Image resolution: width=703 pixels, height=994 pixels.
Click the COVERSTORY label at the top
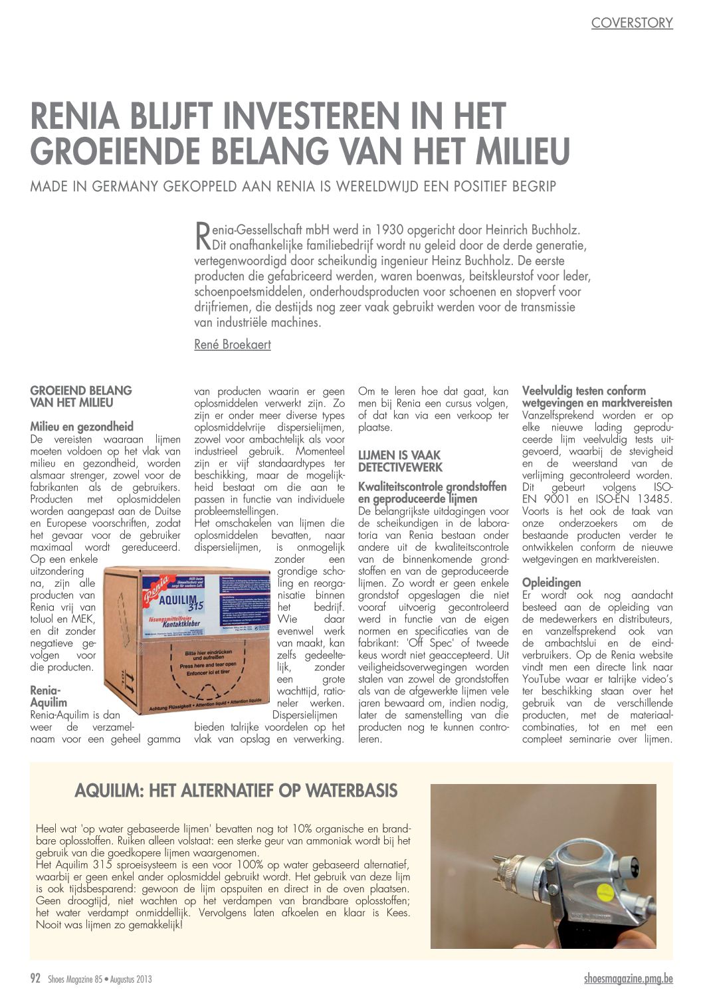(x=631, y=23)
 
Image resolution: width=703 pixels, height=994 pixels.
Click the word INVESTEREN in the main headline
(x=301, y=116)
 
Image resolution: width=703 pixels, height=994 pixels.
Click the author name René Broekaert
(x=233, y=344)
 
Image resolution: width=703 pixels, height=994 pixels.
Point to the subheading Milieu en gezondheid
(x=82, y=427)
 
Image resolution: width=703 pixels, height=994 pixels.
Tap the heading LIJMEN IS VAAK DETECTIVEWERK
(x=399, y=461)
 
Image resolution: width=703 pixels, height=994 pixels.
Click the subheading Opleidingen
(x=552, y=583)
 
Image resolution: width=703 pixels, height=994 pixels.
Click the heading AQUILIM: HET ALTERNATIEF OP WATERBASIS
(x=236, y=791)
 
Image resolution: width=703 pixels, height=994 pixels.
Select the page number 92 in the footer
(x=36, y=978)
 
